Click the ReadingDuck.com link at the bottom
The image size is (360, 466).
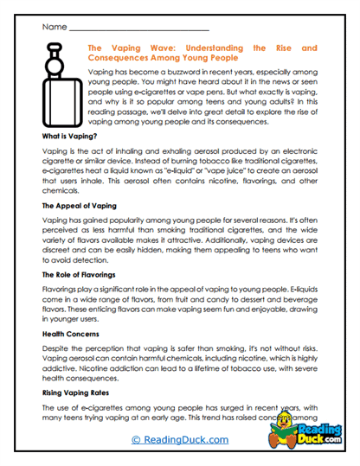click(x=180, y=440)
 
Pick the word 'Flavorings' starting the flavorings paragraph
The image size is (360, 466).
click(x=61, y=290)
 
